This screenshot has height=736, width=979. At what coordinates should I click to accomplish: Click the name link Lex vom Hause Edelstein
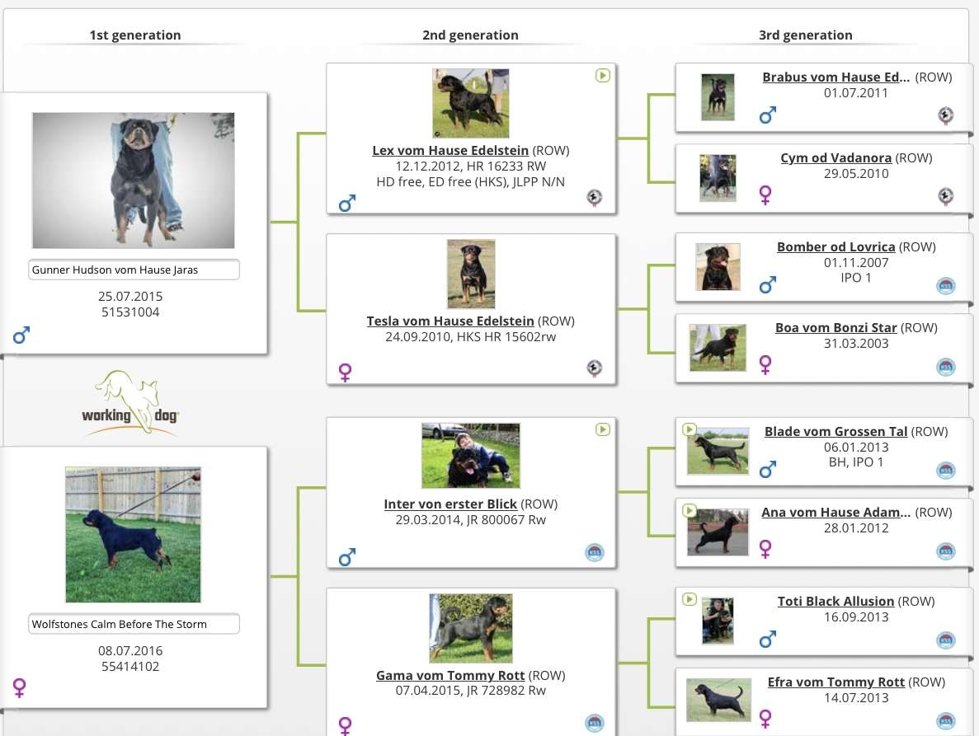tap(450, 150)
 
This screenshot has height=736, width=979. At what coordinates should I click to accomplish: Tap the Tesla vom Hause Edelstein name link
tap(450, 321)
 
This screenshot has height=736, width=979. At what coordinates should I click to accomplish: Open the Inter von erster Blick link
tap(450, 504)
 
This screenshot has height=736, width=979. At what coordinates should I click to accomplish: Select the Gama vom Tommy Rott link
tap(450, 675)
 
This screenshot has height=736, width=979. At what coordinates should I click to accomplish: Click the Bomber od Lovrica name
tap(836, 247)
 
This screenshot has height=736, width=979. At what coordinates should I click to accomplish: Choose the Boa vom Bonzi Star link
tap(836, 327)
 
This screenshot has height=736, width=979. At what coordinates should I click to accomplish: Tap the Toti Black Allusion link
tap(836, 602)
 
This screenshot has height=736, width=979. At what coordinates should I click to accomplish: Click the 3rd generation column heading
tap(806, 35)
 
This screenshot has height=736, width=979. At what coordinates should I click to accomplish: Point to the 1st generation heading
tap(135, 35)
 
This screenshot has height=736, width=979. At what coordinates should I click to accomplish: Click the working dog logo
tap(129, 403)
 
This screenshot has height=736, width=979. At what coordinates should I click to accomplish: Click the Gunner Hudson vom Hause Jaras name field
tap(134, 270)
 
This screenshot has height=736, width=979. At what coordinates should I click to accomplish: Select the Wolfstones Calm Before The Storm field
tap(134, 624)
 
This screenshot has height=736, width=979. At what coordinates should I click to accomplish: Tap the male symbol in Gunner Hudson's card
tap(21, 335)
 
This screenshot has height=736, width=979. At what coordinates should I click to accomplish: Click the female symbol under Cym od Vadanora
tap(765, 195)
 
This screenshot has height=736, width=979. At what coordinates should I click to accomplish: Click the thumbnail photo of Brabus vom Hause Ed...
tap(718, 97)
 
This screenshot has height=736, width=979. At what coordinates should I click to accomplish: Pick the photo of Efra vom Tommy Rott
tap(718, 700)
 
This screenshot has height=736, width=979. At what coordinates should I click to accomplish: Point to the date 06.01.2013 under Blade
tap(856, 448)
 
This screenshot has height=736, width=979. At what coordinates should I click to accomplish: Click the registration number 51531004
tap(130, 312)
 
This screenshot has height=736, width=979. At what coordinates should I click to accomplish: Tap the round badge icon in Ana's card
tap(946, 551)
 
